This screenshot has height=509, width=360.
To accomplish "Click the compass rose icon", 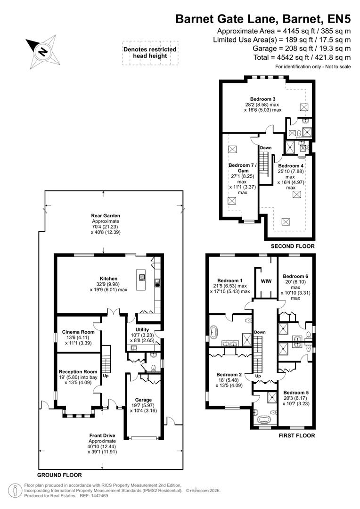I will pos(43,51).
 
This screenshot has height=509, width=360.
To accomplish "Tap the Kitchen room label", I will pos(108,279).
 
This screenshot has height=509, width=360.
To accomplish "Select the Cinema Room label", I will pos(79,332).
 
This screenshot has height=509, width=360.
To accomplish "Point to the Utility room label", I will pos(142,329).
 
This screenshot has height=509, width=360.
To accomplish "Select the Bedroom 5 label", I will pos(296,392).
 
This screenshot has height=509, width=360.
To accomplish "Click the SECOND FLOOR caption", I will pos(292,246).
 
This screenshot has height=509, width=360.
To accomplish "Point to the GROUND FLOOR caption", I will pos(59,475).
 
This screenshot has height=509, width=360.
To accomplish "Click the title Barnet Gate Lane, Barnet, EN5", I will pos(263,19).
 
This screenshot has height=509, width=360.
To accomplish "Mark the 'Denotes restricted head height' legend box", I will pos(150,52).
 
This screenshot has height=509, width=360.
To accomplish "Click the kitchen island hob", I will pos(140,276).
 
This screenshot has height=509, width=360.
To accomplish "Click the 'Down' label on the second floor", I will pos(266,148).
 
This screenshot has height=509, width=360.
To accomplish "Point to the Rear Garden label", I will pos(106,216).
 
